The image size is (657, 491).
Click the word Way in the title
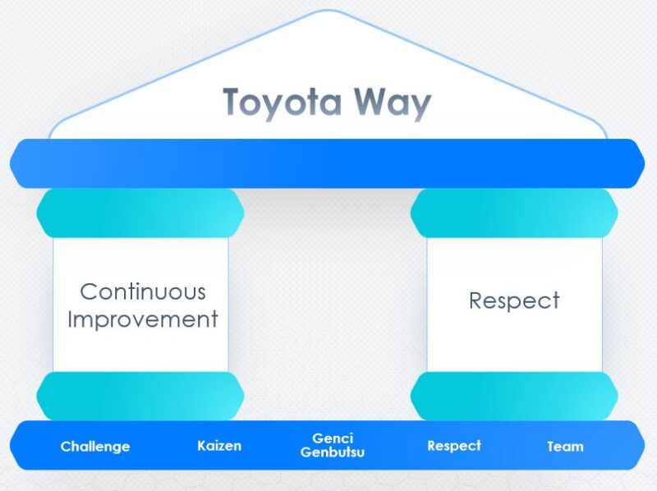[393, 103]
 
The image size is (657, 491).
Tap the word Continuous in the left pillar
[142, 291]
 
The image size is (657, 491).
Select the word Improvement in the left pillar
[142, 319]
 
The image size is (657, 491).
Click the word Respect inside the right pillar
[514, 300]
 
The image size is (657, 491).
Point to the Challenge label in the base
[95, 447]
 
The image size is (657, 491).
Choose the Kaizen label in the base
[219, 446]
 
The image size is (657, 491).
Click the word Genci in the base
[333, 438]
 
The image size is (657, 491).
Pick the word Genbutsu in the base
[333, 452]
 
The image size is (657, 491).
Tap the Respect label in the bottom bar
[454, 446]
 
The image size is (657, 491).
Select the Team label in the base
[565, 447]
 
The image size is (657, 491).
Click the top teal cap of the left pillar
[140, 213]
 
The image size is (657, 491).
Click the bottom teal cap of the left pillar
[140, 396]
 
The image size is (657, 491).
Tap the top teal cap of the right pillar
[514, 213]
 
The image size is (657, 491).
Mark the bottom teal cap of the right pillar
[514, 396]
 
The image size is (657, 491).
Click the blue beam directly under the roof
[328, 163]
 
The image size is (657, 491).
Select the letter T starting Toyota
[233, 103]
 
